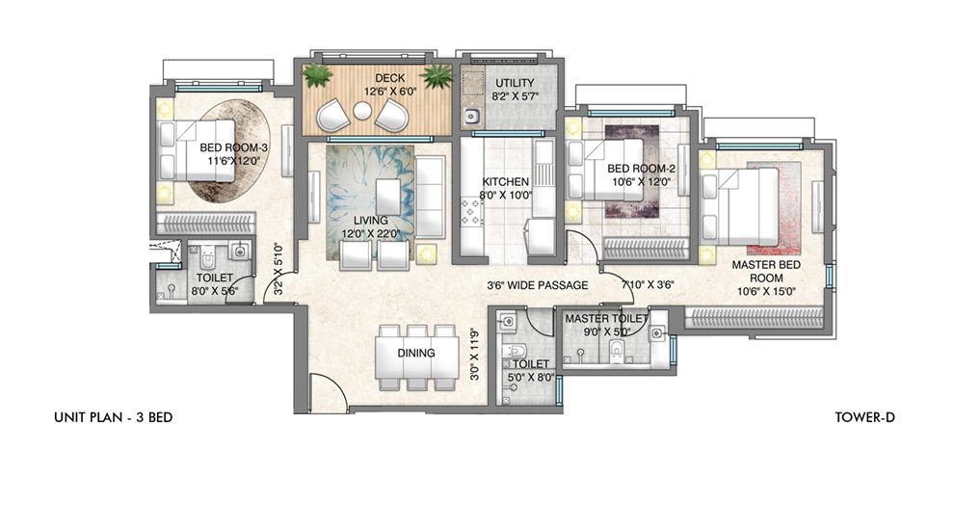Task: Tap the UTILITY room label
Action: coord(508,84)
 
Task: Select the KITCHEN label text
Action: coord(505,181)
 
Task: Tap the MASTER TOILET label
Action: coord(606,318)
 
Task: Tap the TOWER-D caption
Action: coord(866,418)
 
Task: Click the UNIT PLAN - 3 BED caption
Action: coord(113,418)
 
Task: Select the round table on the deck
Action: coord(361,112)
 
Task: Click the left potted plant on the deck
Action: coord(317,75)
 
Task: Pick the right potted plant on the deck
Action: coord(437,75)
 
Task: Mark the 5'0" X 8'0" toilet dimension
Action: coord(530,378)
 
